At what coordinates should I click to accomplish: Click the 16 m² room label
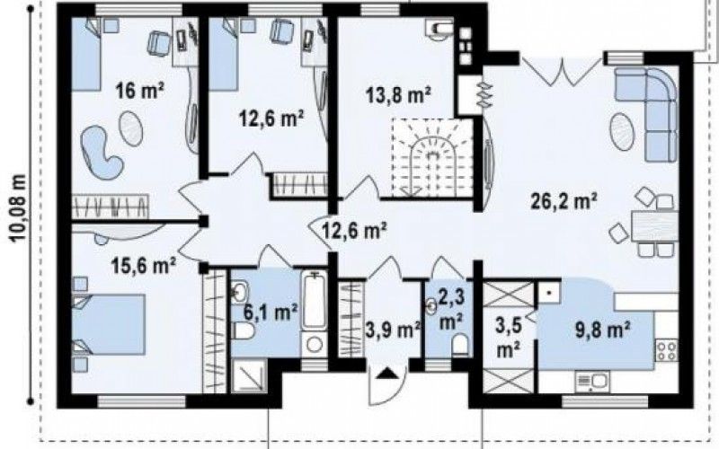tap(139, 90)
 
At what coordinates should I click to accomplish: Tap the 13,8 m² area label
tap(397, 95)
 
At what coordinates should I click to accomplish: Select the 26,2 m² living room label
tap(564, 200)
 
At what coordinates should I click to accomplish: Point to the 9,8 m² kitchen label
tap(602, 330)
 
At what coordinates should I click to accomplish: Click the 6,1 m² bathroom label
tap(271, 313)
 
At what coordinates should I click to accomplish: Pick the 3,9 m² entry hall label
tap(393, 330)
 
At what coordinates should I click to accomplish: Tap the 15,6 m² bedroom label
tap(144, 265)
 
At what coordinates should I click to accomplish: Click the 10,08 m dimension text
tap(17, 207)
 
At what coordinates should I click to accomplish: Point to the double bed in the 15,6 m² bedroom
tap(108, 324)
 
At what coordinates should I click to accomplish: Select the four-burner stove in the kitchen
tap(667, 349)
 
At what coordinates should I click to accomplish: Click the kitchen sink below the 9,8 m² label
tap(592, 381)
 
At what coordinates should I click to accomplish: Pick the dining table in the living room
tap(654, 226)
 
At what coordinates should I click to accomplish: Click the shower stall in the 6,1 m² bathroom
tap(249, 375)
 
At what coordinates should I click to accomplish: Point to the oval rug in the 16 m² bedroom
tap(130, 128)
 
